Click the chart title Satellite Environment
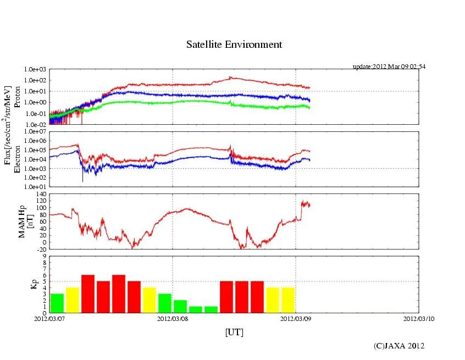click(234, 45)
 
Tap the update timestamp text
click(389, 67)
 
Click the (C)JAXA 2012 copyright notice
click(399, 346)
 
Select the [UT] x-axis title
click(234, 332)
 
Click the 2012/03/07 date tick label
click(49, 318)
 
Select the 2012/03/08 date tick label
click(173, 318)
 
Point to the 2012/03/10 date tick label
click(418, 318)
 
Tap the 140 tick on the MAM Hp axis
click(42, 194)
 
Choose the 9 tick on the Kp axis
click(45, 256)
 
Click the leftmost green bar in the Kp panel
click(57, 303)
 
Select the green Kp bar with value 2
click(180, 306)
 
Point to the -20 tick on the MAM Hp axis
click(42, 249)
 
